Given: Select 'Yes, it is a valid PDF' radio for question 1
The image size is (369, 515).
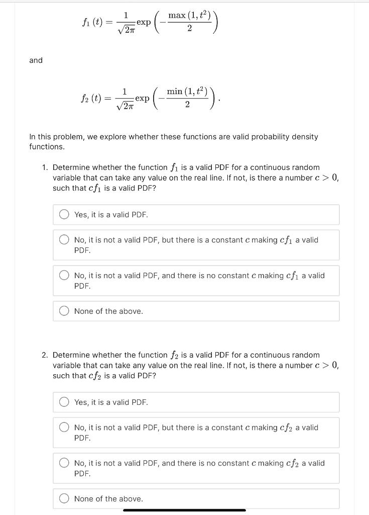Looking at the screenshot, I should click(64, 215).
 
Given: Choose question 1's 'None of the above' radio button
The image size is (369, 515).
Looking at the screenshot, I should click(64, 311).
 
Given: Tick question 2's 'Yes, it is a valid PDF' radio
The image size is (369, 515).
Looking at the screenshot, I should click(64, 402).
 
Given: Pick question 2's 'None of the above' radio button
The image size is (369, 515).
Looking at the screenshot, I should click(64, 499).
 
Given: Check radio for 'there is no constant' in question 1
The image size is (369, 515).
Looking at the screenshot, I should click(64, 276).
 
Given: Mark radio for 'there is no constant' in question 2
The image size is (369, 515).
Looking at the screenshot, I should click(64, 463).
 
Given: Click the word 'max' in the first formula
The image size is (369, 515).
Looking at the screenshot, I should click(177, 16).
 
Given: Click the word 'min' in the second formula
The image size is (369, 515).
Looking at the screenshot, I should click(176, 91).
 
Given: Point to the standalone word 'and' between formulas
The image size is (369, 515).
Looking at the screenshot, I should click(36, 60).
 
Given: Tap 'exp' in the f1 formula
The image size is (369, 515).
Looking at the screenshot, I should click(143, 23).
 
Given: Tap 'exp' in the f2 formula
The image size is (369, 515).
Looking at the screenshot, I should click(143, 98).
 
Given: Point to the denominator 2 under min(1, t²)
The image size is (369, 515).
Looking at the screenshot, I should click(187, 105).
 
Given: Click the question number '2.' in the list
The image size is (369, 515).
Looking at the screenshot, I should click(45, 355).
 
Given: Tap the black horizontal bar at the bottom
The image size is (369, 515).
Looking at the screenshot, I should click(184, 510).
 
